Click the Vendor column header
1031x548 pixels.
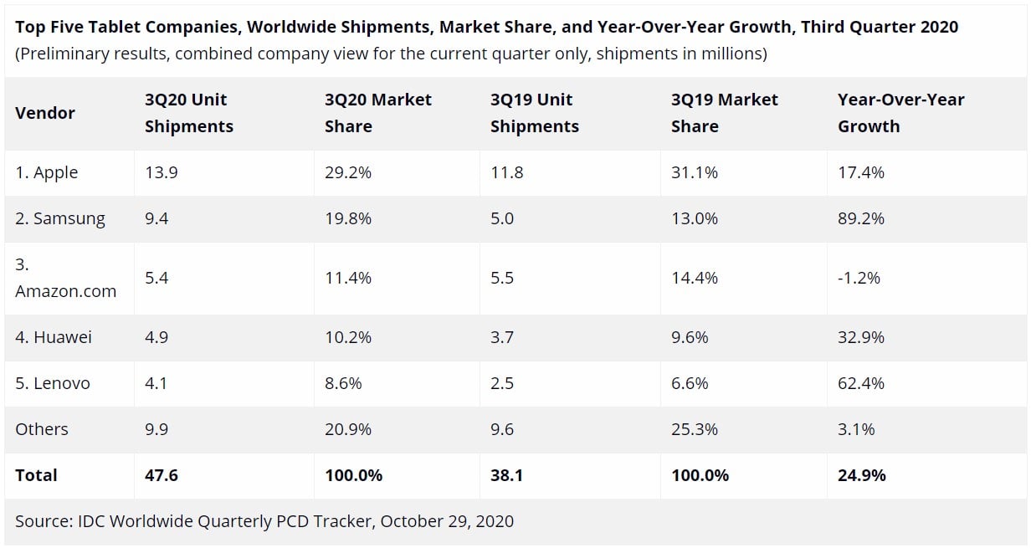click(x=45, y=113)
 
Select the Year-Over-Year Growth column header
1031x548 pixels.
click(x=900, y=113)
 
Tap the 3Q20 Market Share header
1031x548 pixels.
click(x=378, y=113)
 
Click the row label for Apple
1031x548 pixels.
click(x=47, y=172)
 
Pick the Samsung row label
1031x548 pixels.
click(x=60, y=218)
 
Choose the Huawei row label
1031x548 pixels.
click(x=54, y=337)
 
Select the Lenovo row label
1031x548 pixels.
click(x=53, y=383)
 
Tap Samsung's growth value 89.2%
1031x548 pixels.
click(x=861, y=218)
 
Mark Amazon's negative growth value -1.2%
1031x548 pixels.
click(x=859, y=278)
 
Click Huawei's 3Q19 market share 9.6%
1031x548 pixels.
click(x=690, y=337)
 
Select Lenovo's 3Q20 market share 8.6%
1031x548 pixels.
click(x=343, y=383)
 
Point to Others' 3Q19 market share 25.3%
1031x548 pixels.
click(x=694, y=429)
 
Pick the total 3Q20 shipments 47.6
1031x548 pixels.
click(x=162, y=475)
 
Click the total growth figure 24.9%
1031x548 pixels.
click(x=861, y=475)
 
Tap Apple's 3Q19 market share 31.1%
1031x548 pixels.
click(x=694, y=172)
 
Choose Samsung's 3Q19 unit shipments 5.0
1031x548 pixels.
click(x=502, y=218)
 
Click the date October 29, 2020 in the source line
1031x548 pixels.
click(x=447, y=521)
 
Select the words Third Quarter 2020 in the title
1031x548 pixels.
click(x=880, y=27)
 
